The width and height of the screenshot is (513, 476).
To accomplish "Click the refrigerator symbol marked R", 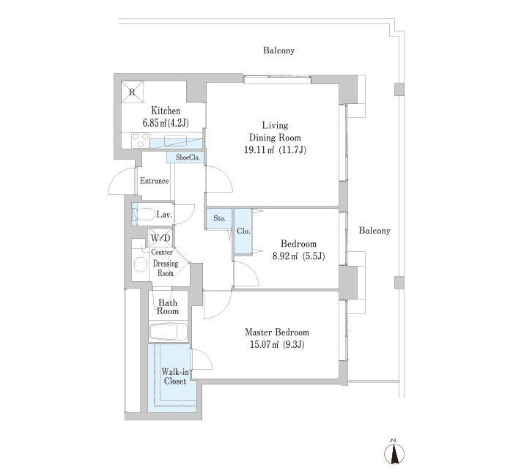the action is (132, 92).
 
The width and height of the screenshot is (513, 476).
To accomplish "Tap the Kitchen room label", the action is (166, 111).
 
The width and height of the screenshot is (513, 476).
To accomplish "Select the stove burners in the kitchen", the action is (141, 141).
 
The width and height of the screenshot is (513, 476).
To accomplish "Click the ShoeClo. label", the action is (188, 157).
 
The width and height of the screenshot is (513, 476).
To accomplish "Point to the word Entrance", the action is (154, 181).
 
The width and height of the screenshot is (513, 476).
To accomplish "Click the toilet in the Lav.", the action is (145, 215).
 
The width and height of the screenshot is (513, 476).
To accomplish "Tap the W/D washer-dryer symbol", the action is (160, 238).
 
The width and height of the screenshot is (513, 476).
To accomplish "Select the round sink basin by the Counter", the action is (141, 264).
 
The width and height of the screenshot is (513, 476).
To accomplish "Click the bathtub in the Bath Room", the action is (168, 332).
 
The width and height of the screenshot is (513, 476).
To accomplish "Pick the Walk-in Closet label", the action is (175, 376).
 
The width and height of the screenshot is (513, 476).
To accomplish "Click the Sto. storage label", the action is (219, 218).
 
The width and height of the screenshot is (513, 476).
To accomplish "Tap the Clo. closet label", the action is (243, 231).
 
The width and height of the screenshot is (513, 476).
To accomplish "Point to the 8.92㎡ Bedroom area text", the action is (298, 256).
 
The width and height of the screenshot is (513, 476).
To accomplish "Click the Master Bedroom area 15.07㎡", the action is (277, 345).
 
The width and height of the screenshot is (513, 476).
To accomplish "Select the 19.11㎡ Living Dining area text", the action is (275, 150).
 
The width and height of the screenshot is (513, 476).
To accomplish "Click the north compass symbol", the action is (394, 453).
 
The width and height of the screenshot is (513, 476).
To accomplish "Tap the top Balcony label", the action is (278, 51).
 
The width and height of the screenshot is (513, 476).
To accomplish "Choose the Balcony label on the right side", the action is (374, 231).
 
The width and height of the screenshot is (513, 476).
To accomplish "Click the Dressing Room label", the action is (166, 269).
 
